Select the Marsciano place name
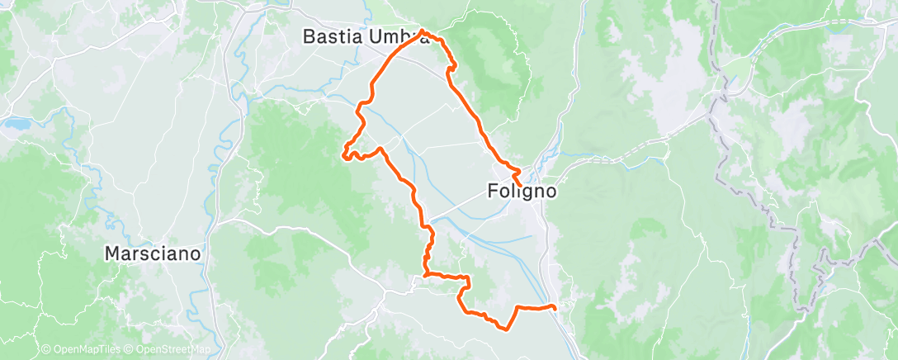153,253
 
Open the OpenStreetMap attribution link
168,350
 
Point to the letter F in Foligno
489,192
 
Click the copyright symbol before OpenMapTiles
45,350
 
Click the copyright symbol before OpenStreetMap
128,350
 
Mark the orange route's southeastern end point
553,308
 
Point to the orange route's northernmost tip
423,31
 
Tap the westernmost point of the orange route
343,151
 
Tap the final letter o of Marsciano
195,253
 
